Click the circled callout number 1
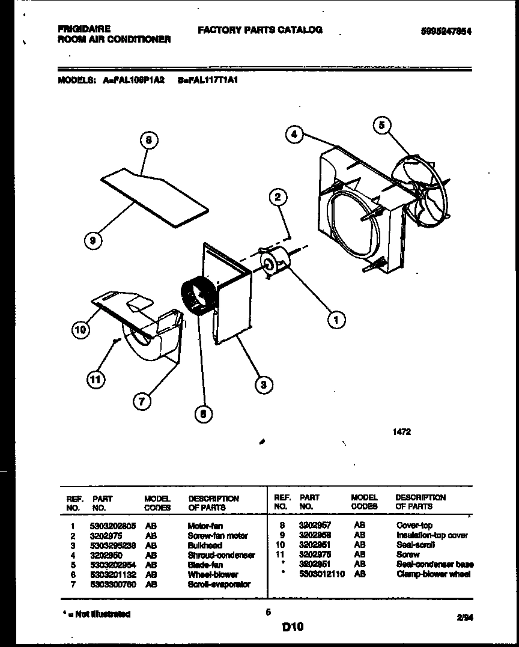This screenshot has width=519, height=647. pyautogui.click(x=336, y=320)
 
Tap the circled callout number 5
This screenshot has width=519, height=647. pyautogui.click(x=382, y=125)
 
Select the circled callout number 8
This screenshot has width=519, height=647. pyautogui.click(x=148, y=140)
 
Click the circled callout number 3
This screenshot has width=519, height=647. pyautogui.click(x=263, y=384)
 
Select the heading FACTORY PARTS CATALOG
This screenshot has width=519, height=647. pyautogui.click(x=259, y=29)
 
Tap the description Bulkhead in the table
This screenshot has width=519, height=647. pyautogui.click(x=204, y=545)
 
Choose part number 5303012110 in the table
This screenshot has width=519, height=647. pyautogui.click(x=321, y=574)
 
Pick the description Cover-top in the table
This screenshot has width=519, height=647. pyautogui.click(x=414, y=525)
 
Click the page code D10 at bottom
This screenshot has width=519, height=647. pyautogui.click(x=293, y=627)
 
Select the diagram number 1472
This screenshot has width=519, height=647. pyautogui.click(x=402, y=431)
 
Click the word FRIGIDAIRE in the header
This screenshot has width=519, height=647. pyautogui.click(x=83, y=29)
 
